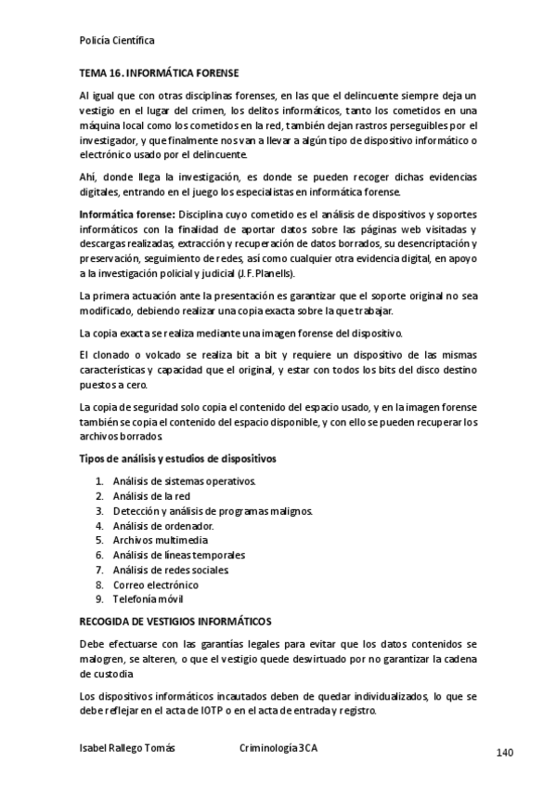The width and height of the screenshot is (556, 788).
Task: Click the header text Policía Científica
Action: (117, 41)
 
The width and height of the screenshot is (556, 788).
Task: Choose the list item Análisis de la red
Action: (151, 495)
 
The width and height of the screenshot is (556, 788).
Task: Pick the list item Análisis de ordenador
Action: (163, 525)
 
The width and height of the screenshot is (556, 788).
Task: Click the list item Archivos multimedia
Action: (161, 540)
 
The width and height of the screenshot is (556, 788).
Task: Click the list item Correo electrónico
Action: (156, 584)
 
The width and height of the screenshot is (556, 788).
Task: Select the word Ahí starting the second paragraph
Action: (89, 177)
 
